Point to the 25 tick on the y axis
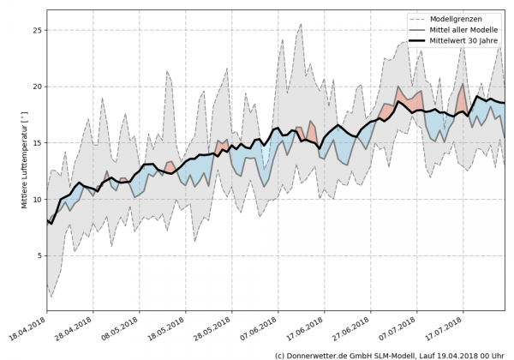click(x=37, y=31)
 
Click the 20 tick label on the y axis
click(x=37, y=87)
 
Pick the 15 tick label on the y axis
click(x=37, y=143)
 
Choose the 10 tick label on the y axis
click(x=37, y=200)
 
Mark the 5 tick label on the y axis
click(x=39, y=255)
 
